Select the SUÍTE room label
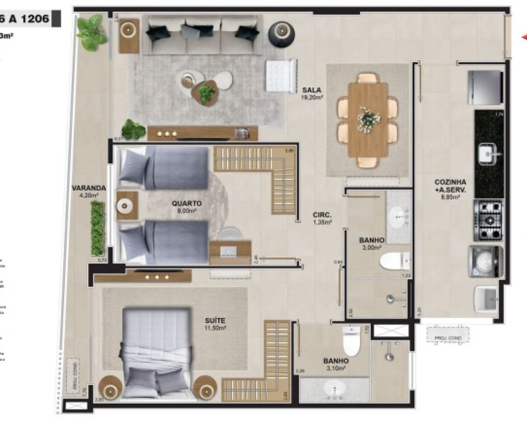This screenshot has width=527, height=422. coord(216,320)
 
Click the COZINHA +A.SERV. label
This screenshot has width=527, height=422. coord(447,185)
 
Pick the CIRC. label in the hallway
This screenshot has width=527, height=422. coord(321,215)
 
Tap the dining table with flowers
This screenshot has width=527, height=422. coord(368,120)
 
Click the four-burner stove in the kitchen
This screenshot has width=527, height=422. coord(489,219)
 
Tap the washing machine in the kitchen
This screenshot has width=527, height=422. coord(486,262)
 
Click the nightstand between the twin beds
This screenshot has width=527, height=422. coord(126,206)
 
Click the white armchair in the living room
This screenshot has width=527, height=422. coord(282,76)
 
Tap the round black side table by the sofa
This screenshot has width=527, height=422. coord(281,32)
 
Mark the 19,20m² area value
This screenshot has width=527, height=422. coord(312,97)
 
